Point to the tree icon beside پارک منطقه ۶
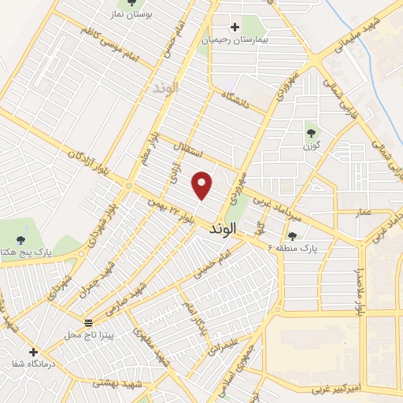(x=292, y=235)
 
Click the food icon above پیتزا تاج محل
(x=88, y=323)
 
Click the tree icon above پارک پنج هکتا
(x=20, y=240)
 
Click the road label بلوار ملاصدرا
(x=360, y=291)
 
